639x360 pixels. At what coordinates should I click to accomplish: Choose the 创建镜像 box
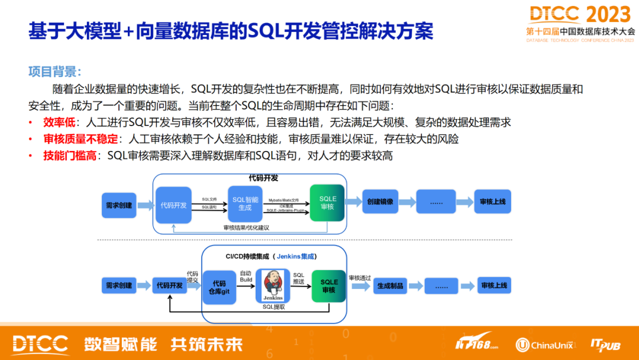point(380,202)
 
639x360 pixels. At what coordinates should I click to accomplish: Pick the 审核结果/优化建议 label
point(246,227)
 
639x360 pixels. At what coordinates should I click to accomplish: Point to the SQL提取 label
point(273,307)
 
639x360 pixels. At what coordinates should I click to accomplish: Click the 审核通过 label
point(359,277)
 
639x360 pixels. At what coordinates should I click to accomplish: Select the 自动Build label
point(246,277)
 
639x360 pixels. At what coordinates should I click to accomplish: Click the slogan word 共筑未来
point(206,344)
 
